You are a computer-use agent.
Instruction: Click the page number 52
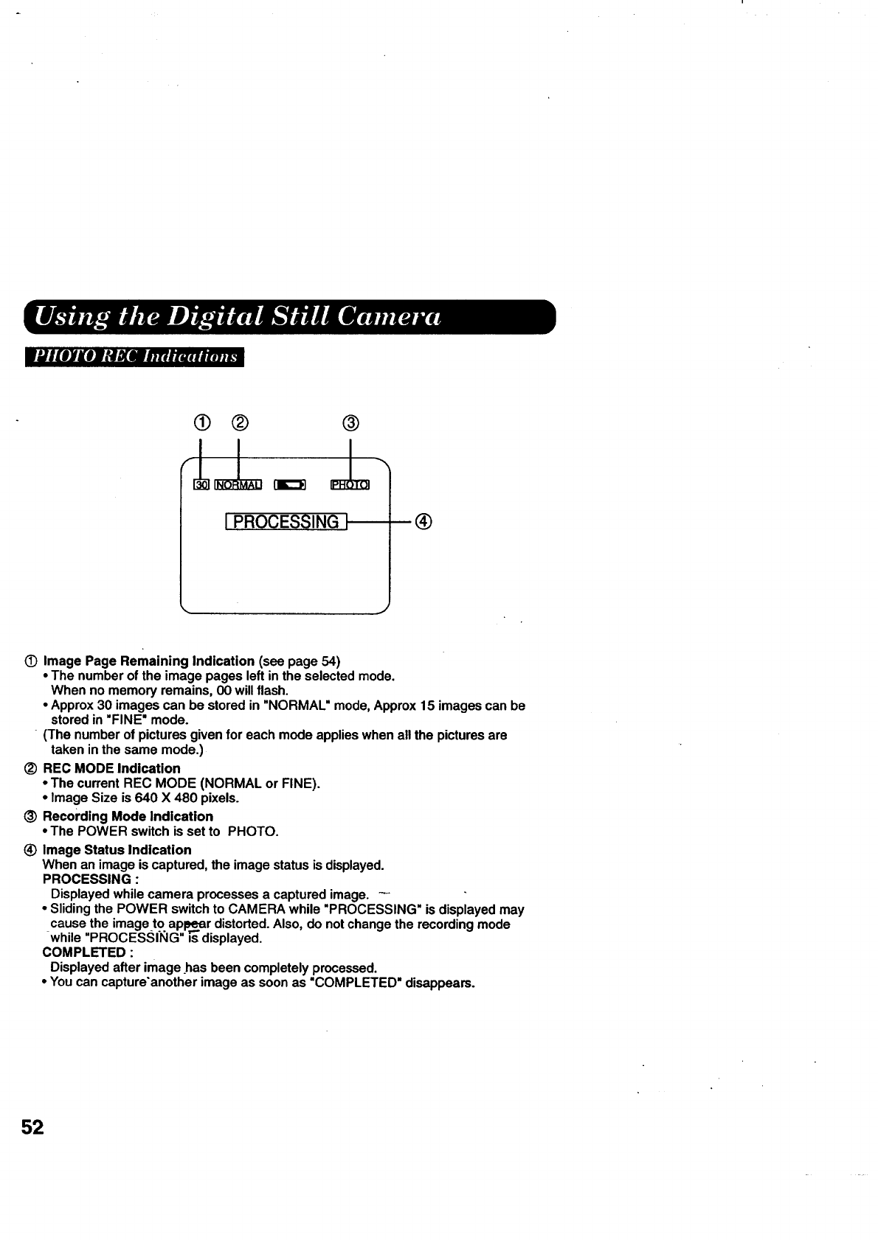32,1128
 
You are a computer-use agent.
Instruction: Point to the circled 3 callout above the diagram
351,422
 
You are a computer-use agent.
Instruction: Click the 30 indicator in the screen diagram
201,484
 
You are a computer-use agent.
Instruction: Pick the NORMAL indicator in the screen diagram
238,484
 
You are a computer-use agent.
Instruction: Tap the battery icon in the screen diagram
289,484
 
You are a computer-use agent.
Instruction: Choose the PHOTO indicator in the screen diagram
350,484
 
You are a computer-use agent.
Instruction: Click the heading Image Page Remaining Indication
148,661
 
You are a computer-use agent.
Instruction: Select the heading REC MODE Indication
111,768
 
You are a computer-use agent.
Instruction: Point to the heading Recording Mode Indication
128,816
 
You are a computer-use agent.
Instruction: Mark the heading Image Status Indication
117,849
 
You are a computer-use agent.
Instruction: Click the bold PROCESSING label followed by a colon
86,879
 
